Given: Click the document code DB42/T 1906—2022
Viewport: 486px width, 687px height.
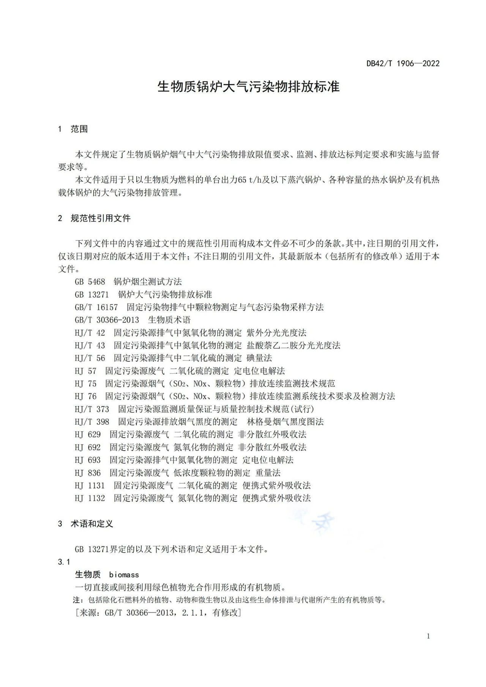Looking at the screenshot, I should [x=403, y=63].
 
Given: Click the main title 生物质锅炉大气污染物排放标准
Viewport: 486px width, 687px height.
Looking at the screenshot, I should [x=248, y=87].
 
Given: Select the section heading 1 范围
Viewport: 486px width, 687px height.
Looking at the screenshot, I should [x=73, y=129].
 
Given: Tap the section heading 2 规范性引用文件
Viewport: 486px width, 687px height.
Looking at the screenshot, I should [x=94, y=218].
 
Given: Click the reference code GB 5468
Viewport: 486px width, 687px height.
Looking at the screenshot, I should [x=90, y=282].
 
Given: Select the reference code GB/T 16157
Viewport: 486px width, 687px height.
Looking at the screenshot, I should [x=96, y=307].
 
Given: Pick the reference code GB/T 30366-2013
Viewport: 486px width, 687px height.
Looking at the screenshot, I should [x=107, y=320].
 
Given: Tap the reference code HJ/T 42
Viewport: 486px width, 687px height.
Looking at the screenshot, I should [x=90, y=333].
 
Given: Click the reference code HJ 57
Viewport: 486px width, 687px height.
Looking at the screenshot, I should [x=85, y=371].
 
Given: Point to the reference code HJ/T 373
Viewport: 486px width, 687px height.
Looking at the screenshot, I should [x=92, y=409].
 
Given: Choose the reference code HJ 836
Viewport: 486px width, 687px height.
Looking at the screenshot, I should [x=88, y=473].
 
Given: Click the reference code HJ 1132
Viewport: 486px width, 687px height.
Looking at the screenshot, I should [x=90, y=498].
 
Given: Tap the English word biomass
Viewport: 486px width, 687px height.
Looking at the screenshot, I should [x=124, y=575].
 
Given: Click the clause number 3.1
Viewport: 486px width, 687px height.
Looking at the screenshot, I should [x=64, y=562].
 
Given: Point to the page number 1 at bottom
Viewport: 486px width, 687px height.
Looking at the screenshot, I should [x=428, y=636].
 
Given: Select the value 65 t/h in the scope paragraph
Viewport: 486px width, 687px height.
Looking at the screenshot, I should [x=250, y=180].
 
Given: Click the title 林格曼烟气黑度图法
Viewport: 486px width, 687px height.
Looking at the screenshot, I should [x=285, y=422].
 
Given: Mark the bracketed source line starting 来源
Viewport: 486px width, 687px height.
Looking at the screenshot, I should [x=158, y=613].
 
